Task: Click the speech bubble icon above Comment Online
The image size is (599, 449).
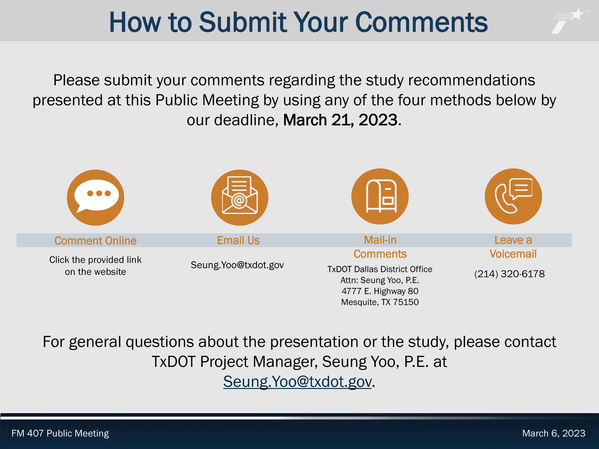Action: (96, 198)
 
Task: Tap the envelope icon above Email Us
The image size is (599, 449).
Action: (240, 198)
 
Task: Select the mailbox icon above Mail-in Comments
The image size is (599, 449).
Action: (380, 196)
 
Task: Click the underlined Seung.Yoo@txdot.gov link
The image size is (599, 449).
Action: (297, 382)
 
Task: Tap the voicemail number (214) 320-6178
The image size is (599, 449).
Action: (509, 274)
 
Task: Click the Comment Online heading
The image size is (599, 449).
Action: (96, 241)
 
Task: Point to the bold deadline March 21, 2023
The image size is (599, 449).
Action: (340, 120)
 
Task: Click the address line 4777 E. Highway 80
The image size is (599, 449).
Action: (380, 291)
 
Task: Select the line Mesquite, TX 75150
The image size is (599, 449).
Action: (380, 302)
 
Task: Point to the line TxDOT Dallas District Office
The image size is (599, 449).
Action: (380, 269)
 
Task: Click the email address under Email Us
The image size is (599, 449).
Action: (237, 265)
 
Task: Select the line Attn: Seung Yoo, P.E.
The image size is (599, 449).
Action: (380, 280)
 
